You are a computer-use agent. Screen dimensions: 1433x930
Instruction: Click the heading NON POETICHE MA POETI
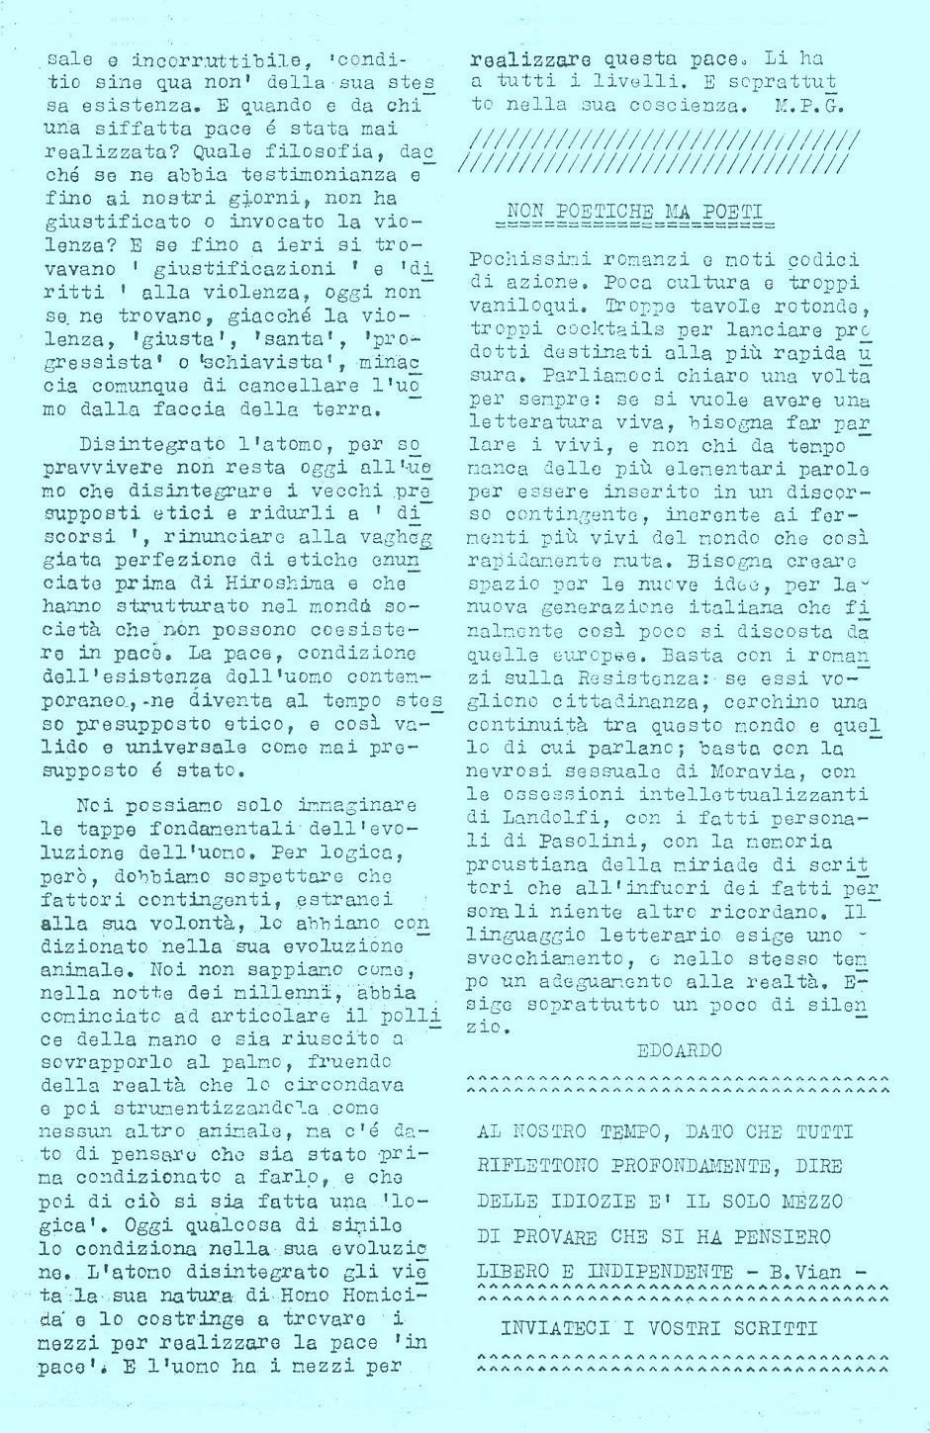pos(633,211)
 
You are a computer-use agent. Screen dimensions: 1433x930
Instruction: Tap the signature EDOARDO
pos(680,1050)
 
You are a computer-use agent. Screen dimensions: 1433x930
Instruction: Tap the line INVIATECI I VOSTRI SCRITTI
pos(659,1328)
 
